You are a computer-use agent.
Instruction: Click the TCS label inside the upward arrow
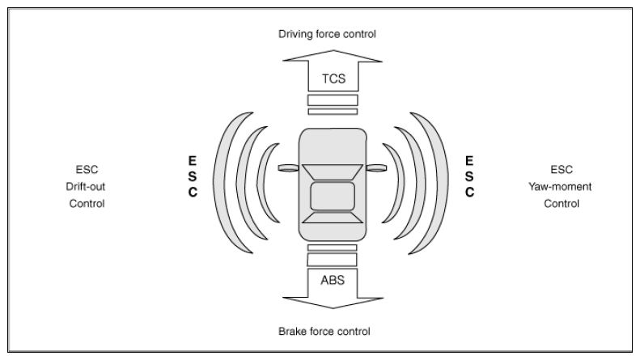click(x=333, y=78)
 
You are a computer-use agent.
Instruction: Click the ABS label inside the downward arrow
click(x=333, y=280)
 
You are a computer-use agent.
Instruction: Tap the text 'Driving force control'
click(x=327, y=34)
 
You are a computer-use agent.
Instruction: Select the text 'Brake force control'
click(x=324, y=331)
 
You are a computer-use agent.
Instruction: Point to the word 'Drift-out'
click(x=85, y=187)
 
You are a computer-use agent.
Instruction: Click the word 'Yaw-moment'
click(x=560, y=187)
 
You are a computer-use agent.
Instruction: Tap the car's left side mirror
click(x=289, y=167)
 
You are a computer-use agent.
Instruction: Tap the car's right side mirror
click(x=376, y=167)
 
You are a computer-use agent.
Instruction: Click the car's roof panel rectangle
click(x=333, y=197)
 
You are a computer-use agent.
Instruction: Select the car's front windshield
click(x=333, y=172)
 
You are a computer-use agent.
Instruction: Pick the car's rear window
click(x=333, y=218)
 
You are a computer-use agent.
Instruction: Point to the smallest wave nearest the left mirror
click(x=262, y=183)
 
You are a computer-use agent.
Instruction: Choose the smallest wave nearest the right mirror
click(x=399, y=183)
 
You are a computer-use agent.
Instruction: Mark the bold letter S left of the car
click(x=193, y=176)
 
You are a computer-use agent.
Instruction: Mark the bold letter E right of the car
click(x=469, y=161)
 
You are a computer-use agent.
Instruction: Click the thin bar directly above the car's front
click(x=333, y=112)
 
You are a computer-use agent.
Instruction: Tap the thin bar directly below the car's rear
click(x=333, y=248)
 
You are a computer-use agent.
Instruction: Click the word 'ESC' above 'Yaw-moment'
click(x=562, y=169)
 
